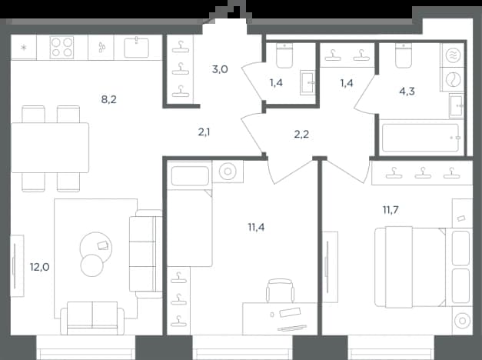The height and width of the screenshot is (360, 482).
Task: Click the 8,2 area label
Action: [109, 99]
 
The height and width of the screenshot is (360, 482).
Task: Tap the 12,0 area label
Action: [40, 267]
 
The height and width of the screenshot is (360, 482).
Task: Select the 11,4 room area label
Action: [256, 227]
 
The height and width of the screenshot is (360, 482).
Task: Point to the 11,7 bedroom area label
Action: [391, 210]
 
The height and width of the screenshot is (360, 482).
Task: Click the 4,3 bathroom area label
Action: [407, 91]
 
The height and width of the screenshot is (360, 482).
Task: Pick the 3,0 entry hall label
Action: [220, 69]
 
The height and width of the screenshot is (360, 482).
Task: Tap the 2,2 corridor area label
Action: [301, 134]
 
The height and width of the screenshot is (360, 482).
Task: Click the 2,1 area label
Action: [204, 132]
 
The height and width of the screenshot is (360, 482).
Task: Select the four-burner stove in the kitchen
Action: [61, 48]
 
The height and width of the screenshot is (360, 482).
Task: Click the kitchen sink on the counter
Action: [137, 48]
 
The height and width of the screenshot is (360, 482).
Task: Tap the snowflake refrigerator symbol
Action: [23, 48]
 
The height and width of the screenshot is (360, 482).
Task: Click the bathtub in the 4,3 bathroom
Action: [421, 138]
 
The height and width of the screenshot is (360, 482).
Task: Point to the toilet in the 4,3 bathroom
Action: [404, 55]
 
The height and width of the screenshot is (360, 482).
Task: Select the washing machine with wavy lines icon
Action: [453, 55]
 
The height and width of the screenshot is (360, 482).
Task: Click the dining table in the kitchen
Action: [50, 148]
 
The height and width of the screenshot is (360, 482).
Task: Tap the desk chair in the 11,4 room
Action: [280, 290]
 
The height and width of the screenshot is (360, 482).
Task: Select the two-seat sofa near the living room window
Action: [92, 318]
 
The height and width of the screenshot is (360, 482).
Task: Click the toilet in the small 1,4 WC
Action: [284, 55]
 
